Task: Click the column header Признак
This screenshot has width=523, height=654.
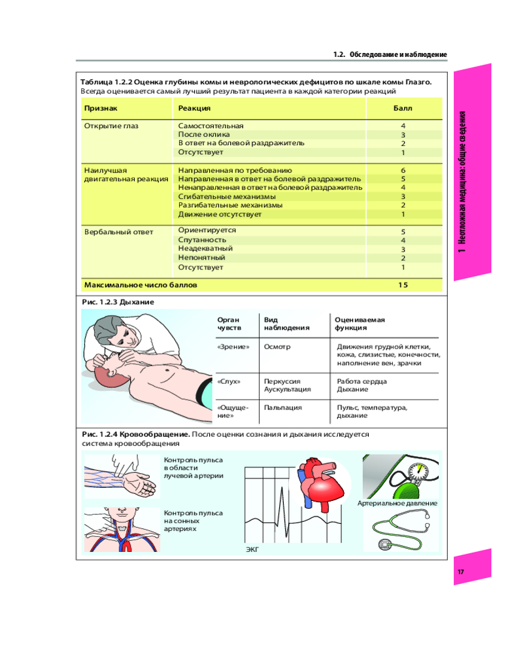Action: (100, 108)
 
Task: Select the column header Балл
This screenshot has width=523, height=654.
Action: (403, 108)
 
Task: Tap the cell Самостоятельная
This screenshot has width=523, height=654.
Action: (211, 125)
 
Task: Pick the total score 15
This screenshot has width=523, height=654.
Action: (403, 285)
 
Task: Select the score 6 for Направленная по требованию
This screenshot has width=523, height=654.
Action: (403, 170)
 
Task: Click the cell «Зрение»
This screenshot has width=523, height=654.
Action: (233, 347)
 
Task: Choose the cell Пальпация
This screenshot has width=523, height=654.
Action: (282, 407)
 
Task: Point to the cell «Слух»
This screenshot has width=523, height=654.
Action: (229, 381)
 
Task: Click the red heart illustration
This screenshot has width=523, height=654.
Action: (316, 484)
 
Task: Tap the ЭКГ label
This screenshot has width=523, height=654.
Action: (252, 550)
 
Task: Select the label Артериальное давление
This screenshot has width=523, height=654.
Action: (397, 504)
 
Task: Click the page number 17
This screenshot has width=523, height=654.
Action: (460, 573)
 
